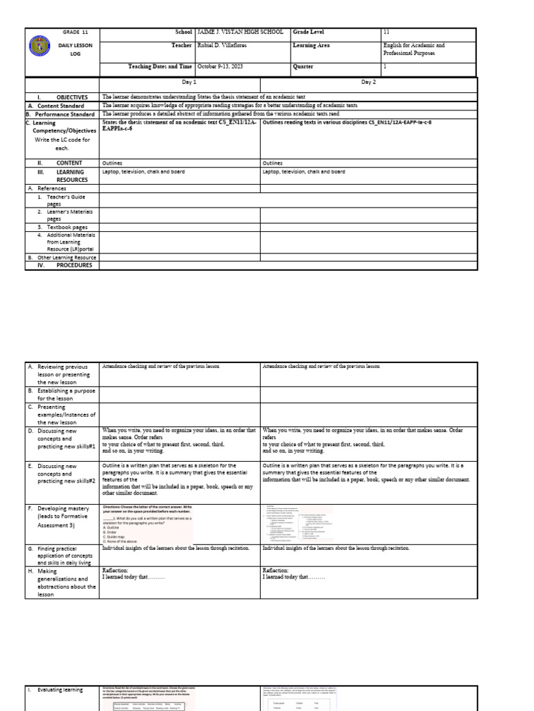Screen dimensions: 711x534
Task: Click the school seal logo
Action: pyautogui.click(x=40, y=48)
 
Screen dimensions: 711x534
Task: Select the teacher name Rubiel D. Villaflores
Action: pyautogui.click(x=222, y=46)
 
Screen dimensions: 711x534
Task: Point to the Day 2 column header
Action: pyautogui.click(x=369, y=82)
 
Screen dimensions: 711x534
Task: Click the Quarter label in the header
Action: pyautogui.click(x=304, y=67)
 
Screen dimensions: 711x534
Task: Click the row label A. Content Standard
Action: pyautogui.click(x=60, y=106)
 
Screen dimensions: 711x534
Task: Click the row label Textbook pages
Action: pyautogui.click(x=67, y=227)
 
